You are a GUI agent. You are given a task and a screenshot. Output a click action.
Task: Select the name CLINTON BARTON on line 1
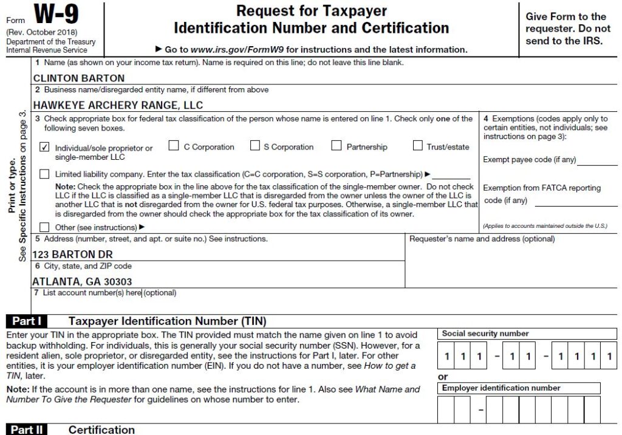click(78, 78)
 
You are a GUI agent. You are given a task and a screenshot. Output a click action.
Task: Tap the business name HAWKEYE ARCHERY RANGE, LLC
click(118, 105)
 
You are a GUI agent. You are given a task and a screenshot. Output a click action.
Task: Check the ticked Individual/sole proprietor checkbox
click(44, 147)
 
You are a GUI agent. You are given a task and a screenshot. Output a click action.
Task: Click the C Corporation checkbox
click(174, 146)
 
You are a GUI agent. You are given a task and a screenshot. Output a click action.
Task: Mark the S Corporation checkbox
click(255, 146)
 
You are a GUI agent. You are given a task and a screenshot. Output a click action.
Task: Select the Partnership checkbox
click(337, 146)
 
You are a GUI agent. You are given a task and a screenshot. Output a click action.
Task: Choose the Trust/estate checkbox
click(417, 146)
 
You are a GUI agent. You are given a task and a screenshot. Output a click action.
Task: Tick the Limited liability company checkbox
click(44, 174)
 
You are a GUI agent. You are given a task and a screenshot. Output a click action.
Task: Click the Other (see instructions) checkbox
click(44, 227)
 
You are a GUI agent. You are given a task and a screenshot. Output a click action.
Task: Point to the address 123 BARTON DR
click(72, 255)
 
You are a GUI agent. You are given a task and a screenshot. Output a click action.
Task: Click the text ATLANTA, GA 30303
click(82, 282)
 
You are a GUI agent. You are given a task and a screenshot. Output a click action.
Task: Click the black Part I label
click(26, 321)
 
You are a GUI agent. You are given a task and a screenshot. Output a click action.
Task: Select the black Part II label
click(26, 430)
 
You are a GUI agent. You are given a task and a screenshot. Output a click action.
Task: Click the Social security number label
click(485, 334)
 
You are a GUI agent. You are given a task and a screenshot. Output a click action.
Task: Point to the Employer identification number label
click(501, 388)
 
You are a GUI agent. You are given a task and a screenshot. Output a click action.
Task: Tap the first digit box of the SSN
click(446, 357)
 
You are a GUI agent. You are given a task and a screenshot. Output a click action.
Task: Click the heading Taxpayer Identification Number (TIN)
click(167, 321)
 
